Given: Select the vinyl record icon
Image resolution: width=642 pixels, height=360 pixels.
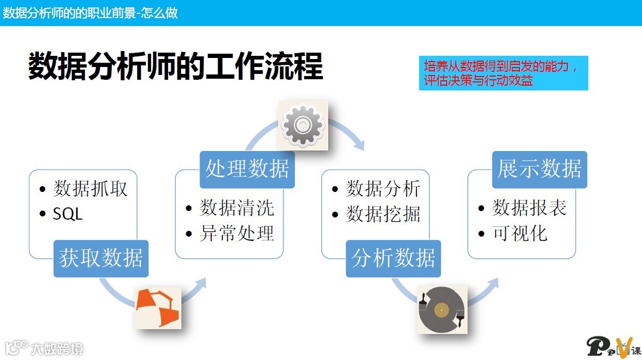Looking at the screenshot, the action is (x=441, y=309).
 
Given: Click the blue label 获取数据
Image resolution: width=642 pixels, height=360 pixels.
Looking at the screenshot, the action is (x=101, y=258).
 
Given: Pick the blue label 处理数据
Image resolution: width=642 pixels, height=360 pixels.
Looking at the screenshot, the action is (x=247, y=170).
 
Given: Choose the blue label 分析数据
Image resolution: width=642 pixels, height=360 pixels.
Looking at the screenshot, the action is (x=394, y=258).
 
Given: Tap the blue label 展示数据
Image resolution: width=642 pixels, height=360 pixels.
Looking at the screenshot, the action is (x=539, y=170).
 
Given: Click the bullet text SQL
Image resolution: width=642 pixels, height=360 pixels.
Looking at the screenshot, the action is (x=68, y=214).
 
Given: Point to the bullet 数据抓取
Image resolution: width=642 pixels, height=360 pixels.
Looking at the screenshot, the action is (x=90, y=189).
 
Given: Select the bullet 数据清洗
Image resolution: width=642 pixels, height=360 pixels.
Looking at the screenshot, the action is (x=237, y=208).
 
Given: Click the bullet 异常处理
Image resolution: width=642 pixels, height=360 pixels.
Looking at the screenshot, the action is (x=237, y=233).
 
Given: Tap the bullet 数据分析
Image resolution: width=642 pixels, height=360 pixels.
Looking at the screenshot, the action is (x=383, y=189).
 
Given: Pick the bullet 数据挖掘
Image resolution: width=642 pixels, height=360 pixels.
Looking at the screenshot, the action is (x=383, y=214).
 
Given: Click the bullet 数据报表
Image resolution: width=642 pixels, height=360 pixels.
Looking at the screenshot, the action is (x=529, y=208).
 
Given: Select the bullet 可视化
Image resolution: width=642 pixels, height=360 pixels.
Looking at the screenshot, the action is (x=520, y=233).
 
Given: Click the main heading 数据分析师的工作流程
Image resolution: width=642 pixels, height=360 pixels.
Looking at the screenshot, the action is (x=176, y=66).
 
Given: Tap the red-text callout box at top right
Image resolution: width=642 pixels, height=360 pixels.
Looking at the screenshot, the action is (x=503, y=73).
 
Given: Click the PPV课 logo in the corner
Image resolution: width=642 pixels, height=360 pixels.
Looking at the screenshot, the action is (x=614, y=346).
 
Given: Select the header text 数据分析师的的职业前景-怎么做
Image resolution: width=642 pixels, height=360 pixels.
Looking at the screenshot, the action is (x=90, y=13).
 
